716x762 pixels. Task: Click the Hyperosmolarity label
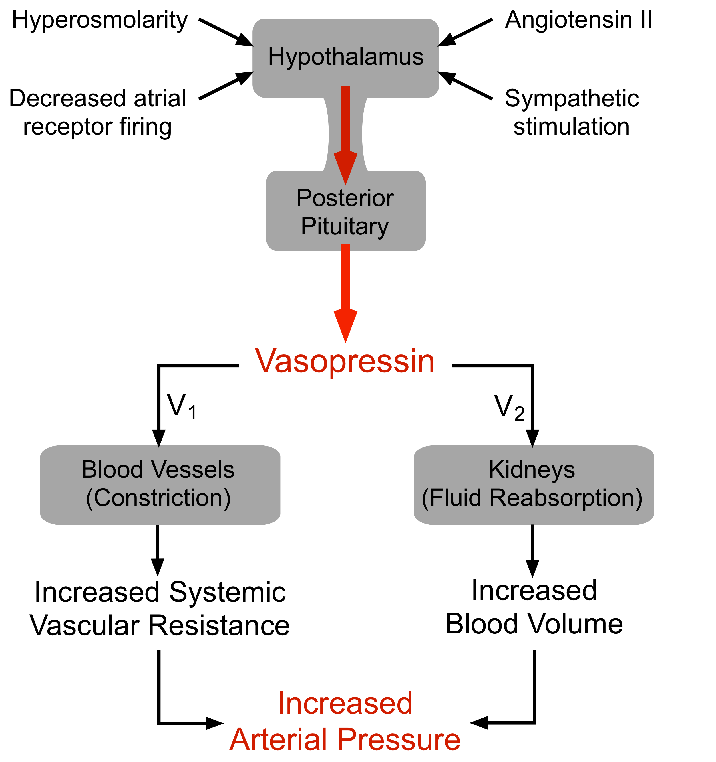pos(100,20)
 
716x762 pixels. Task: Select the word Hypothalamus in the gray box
pos(346,57)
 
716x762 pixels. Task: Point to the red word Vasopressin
pos(345,361)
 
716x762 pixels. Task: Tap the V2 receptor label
pos(509,407)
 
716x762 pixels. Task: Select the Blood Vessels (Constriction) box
pos(160,485)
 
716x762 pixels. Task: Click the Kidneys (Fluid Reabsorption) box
pos(533,485)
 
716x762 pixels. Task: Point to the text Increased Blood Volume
pos(534,607)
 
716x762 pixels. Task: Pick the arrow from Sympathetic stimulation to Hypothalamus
pos(465,86)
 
